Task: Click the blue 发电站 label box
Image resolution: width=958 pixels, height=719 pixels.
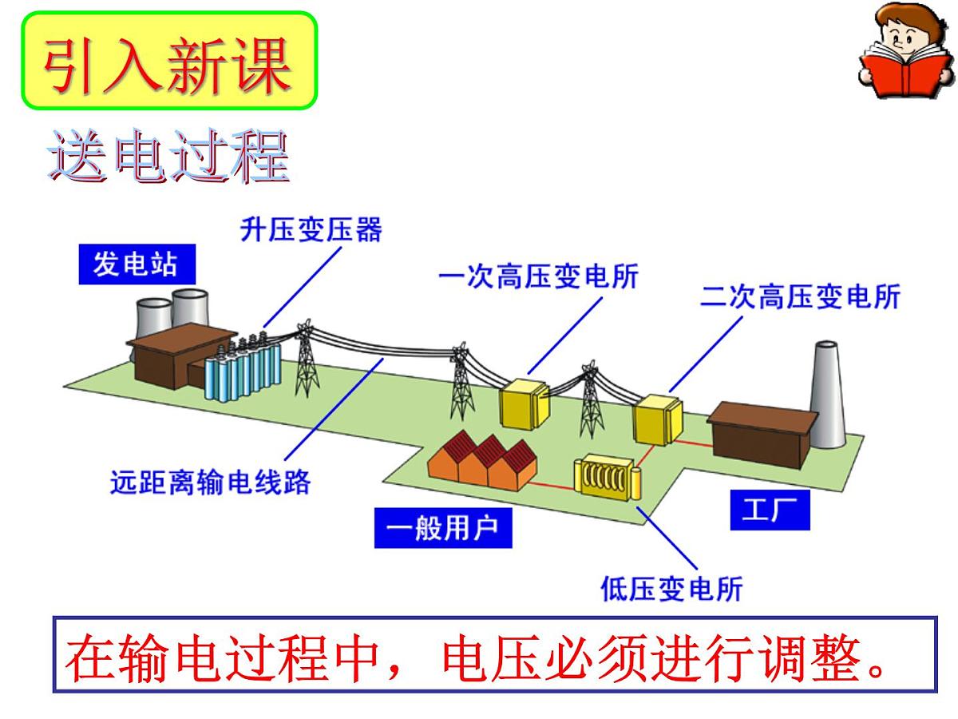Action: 137,264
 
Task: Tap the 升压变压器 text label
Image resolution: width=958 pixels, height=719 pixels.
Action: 311,228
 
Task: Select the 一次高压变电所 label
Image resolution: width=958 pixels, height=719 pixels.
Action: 538,276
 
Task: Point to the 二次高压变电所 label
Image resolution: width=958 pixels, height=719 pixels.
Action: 800,296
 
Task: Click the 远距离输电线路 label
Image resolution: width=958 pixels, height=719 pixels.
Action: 210,482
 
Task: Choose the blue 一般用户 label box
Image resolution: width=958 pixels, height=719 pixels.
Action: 442,527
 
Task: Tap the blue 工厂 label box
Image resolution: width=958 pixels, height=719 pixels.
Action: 770,510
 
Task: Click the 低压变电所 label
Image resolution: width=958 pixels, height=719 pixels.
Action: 671,589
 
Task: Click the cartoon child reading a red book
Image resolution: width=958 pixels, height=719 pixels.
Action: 905,50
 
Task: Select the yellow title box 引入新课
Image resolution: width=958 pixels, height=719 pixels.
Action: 169,60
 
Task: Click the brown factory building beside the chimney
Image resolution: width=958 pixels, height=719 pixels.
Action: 762,435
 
